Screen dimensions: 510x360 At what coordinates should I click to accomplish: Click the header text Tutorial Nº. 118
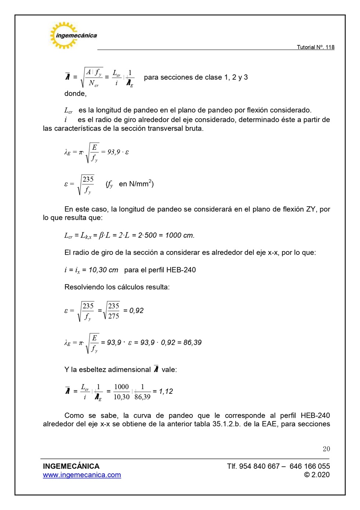coord(315,47)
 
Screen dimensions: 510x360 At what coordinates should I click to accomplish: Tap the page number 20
coord(326,449)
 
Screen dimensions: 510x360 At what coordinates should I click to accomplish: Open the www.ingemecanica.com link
coord(82,475)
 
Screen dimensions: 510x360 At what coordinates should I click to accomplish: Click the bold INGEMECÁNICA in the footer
coord(71,466)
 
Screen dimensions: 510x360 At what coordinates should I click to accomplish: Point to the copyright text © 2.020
coord(317,475)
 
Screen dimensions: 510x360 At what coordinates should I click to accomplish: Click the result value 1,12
coord(166,391)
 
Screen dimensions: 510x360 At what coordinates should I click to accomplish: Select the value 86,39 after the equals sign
coord(192,342)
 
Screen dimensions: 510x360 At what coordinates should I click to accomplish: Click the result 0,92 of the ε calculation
coord(136,310)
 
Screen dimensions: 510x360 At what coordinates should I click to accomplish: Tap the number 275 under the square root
coord(114,316)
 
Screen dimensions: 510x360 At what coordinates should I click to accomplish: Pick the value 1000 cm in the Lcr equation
coord(180,235)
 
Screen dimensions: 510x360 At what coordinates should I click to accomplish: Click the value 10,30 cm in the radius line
coord(103,270)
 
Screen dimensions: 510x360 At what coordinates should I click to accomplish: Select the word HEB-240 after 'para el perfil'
coord(181,270)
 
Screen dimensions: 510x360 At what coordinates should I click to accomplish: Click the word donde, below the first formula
coord(75,93)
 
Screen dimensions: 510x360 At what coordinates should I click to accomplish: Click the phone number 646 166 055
coord(309,466)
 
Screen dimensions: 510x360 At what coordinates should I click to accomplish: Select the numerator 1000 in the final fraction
coord(121,386)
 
